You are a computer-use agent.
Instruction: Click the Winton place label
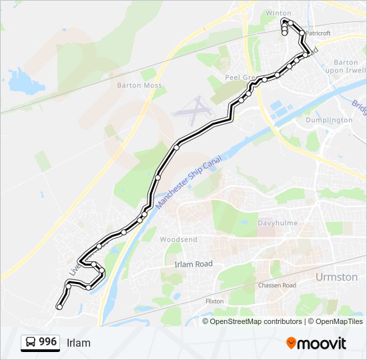(278, 13)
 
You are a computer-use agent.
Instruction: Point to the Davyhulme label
(278, 223)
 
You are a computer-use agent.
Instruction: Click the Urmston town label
(336, 277)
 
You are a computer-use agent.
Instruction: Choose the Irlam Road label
(193, 264)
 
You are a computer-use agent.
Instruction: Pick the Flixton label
(214, 301)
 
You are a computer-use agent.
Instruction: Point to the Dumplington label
(328, 120)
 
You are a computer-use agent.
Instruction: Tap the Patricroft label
(318, 33)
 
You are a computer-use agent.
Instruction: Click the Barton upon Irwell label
(342, 66)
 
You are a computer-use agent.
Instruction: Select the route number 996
(47, 342)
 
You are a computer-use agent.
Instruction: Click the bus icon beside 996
(31, 343)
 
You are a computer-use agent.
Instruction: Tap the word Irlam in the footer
(79, 343)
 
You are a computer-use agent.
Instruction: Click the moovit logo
(316, 343)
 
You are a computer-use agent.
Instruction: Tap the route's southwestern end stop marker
(59, 307)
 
